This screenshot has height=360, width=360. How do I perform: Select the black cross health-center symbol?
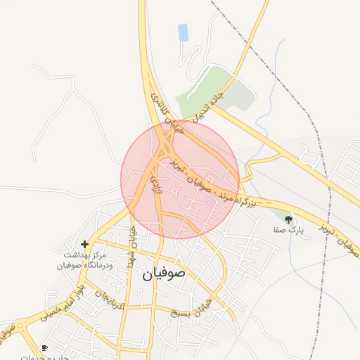[85, 245]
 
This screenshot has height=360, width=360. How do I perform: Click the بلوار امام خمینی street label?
[60, 303]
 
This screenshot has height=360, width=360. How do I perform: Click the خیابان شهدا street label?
[131, 247]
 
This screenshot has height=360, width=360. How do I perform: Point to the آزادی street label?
[154, 184]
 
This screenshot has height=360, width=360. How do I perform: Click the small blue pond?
[184, 32]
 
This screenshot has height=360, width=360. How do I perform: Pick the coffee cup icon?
[45, 347]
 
